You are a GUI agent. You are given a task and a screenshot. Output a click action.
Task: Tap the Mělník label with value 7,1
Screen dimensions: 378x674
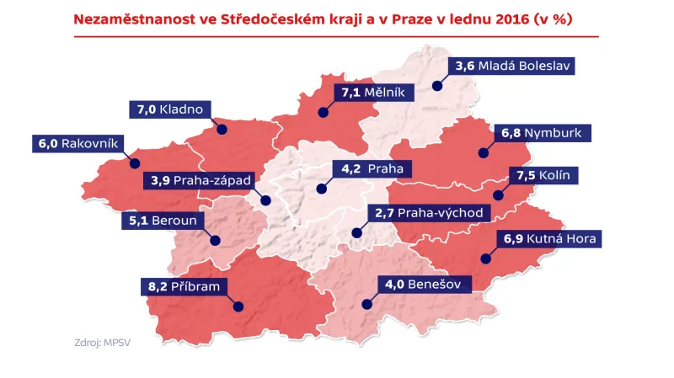[372, 93]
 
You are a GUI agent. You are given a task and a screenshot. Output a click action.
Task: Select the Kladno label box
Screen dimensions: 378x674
[171, 109]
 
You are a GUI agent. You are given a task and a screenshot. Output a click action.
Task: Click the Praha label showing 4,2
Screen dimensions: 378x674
[369, 168]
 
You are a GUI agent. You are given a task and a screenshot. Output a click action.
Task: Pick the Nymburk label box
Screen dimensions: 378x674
[545, 132]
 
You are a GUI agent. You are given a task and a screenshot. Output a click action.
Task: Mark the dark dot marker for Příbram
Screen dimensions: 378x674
[238, 307]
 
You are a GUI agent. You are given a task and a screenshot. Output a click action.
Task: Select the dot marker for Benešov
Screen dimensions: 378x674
[366, 306]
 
